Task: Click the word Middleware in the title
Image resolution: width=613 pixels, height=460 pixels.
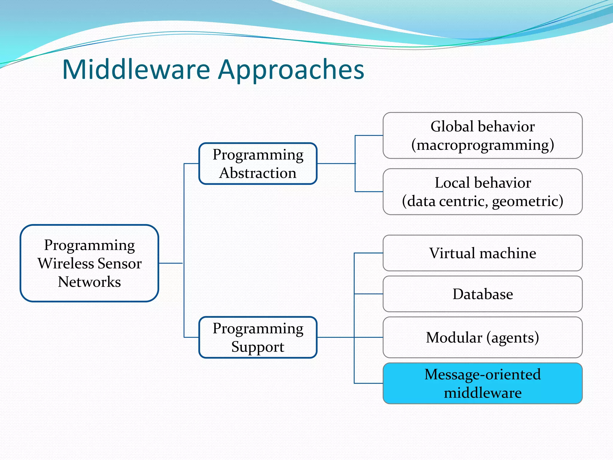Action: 136,69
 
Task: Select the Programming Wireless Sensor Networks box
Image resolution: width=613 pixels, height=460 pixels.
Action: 89,263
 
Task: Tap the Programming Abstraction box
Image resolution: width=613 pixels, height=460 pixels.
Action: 258,164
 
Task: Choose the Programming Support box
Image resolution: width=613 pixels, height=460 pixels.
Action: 258,337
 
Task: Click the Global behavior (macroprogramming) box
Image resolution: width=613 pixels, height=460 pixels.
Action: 482,135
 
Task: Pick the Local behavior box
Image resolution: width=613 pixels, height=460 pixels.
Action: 482,192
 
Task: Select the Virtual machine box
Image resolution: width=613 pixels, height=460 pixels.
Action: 482,253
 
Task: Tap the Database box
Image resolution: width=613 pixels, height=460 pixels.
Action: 482,294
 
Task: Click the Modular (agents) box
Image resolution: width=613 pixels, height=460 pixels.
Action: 482,337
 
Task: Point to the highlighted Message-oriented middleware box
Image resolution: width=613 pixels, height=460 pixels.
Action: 482,383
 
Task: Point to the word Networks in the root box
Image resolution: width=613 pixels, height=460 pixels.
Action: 89,282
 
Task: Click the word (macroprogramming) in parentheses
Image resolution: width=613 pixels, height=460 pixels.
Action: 482,145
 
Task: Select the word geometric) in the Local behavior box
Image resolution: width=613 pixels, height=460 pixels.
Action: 527,201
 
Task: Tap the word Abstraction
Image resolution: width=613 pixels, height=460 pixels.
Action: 258,173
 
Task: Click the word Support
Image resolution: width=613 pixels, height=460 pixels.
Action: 258,347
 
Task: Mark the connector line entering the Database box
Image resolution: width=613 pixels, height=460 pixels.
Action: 368,294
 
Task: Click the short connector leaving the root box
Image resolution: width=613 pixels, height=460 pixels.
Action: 171,263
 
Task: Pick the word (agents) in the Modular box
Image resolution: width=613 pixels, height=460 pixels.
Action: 512,338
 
